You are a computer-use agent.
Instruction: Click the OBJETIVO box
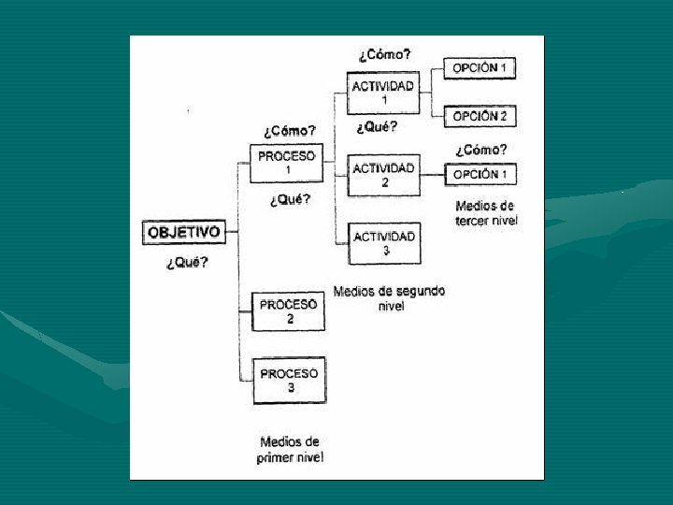pos(184,232)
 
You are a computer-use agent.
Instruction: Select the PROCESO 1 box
pos(287,164)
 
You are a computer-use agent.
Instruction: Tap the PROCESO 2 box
pos(289,311)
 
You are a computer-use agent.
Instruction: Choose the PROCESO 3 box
pos(289,380)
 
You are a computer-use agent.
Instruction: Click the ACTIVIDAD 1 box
pos(383,93)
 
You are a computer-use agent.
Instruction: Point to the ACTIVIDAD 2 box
pos(383,175)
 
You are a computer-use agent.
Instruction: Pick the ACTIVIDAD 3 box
pos(383,243)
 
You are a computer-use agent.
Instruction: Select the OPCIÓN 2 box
pos(480,117)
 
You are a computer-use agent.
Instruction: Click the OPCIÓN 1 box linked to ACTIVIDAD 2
pos(480,175)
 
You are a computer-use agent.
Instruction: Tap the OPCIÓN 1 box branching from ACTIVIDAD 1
pos(480,68)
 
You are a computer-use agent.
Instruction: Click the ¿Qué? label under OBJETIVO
pos(187,263)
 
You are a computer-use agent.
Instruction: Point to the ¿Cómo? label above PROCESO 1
pos(289,131)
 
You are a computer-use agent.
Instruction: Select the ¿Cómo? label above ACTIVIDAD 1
pos(384,54)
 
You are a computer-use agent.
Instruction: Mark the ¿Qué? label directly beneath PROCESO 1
pos(290,199)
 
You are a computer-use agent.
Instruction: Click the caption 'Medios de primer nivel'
pos(290,450)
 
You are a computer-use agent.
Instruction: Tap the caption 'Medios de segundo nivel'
pos(389,298)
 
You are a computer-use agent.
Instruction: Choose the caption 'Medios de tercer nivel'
pos(485,213)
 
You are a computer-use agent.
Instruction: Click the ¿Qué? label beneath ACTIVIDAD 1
pos(377,127)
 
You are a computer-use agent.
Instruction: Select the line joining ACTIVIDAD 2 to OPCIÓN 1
pos(432,175)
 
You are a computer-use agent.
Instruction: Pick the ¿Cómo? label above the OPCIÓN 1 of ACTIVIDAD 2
pos(481,150)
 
